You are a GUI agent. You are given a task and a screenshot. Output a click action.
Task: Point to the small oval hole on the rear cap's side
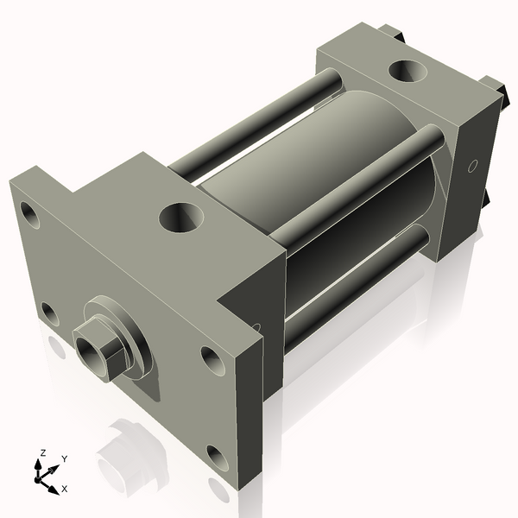point(472,166)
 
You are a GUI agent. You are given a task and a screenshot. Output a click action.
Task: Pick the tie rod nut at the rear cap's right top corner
point(494,86)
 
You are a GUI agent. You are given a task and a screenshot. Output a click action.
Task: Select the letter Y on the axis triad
point(65,459)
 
